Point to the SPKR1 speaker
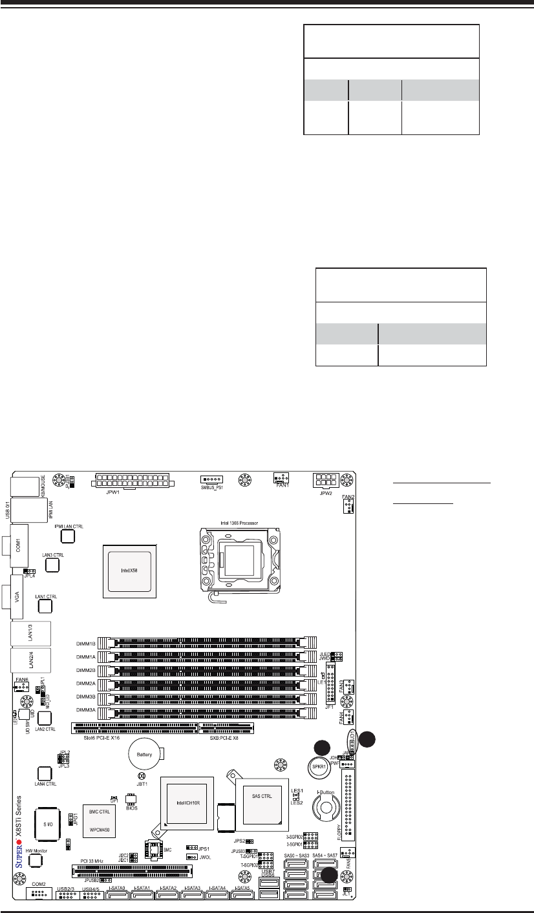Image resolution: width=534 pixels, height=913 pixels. (319, 770)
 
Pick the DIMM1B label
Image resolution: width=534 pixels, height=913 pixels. (85, 644)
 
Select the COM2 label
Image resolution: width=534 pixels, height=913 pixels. (38, 883)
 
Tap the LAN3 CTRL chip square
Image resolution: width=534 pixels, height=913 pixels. (52, 565)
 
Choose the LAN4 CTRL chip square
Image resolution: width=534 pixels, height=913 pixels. (44, 773)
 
